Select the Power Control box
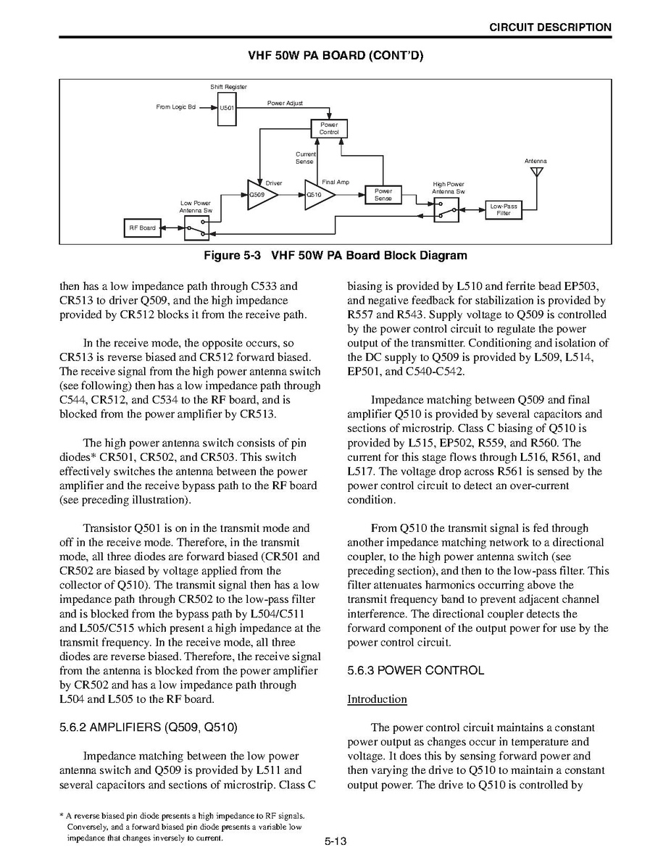point(329,129)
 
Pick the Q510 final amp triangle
point(317,195)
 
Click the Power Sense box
point(383,195)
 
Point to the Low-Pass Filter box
point(504,210)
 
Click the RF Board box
point(142,228)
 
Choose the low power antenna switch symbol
point(196,229)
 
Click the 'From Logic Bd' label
point(175,107)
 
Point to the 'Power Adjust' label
point(285,104)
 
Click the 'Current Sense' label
point(305,158)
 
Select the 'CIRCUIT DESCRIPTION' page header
point(550,28)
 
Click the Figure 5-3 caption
point(335,255)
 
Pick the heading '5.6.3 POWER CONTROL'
point(415,670)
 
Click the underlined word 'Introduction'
point(377,699)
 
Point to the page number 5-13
point(335,841)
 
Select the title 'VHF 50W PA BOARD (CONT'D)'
point(335,56)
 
